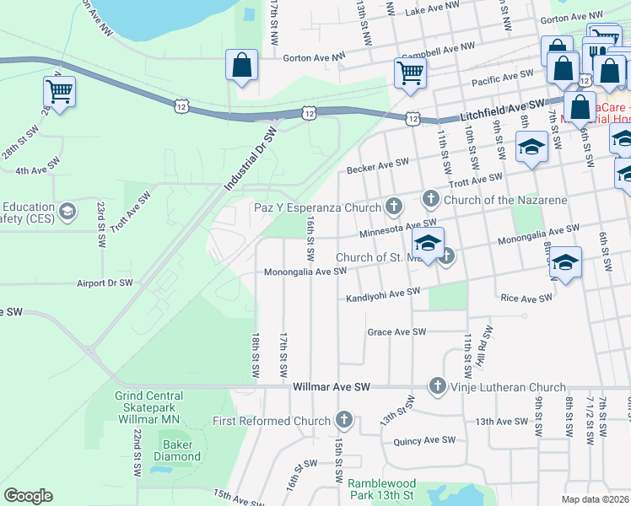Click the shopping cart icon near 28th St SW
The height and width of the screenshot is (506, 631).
(59, 91)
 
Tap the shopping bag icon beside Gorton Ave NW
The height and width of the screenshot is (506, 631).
(241, 65)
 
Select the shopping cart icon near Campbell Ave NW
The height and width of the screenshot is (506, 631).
(410, 73)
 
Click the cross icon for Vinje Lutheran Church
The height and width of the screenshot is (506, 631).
(437, 386)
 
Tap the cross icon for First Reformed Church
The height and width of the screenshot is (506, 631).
(343, 419)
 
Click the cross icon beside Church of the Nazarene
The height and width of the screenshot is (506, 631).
(430, 199)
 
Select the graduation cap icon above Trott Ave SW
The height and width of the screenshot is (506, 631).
(531, 148)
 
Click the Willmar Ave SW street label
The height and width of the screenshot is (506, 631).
(332, 387)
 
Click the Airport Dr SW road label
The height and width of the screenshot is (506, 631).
(105, 283)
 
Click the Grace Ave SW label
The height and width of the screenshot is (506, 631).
(396, 332)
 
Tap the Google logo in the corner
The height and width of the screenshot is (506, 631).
(29, 496)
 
